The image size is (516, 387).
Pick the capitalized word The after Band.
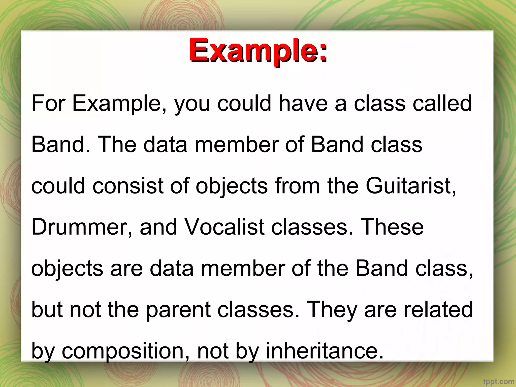tap(117, 145)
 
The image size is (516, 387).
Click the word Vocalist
tap(224, 227)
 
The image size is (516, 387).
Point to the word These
tap(392, 227)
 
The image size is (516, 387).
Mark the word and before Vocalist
tap(158, 227)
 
